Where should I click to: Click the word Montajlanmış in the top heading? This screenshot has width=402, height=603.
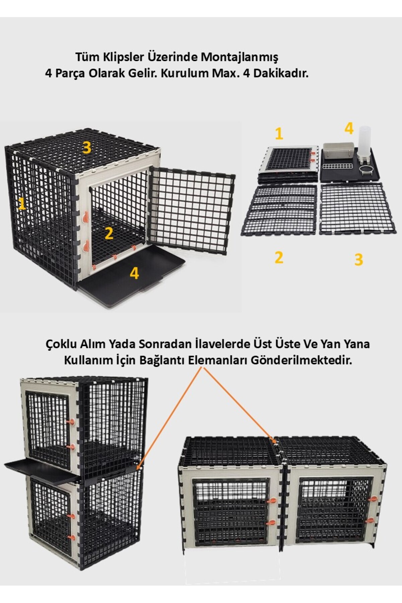[239, 58]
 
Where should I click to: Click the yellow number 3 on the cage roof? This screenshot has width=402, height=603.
[87, 147]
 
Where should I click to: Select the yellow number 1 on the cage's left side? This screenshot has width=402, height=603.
[22, 203]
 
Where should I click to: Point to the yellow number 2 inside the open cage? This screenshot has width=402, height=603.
[109, 233]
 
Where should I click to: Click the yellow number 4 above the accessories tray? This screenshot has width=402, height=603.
[349, 128]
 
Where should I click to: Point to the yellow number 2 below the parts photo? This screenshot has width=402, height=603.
[279, 257]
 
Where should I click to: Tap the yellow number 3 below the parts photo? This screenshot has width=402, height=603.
[358, 259]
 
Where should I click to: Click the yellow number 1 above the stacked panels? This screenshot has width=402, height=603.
[279, 134]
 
